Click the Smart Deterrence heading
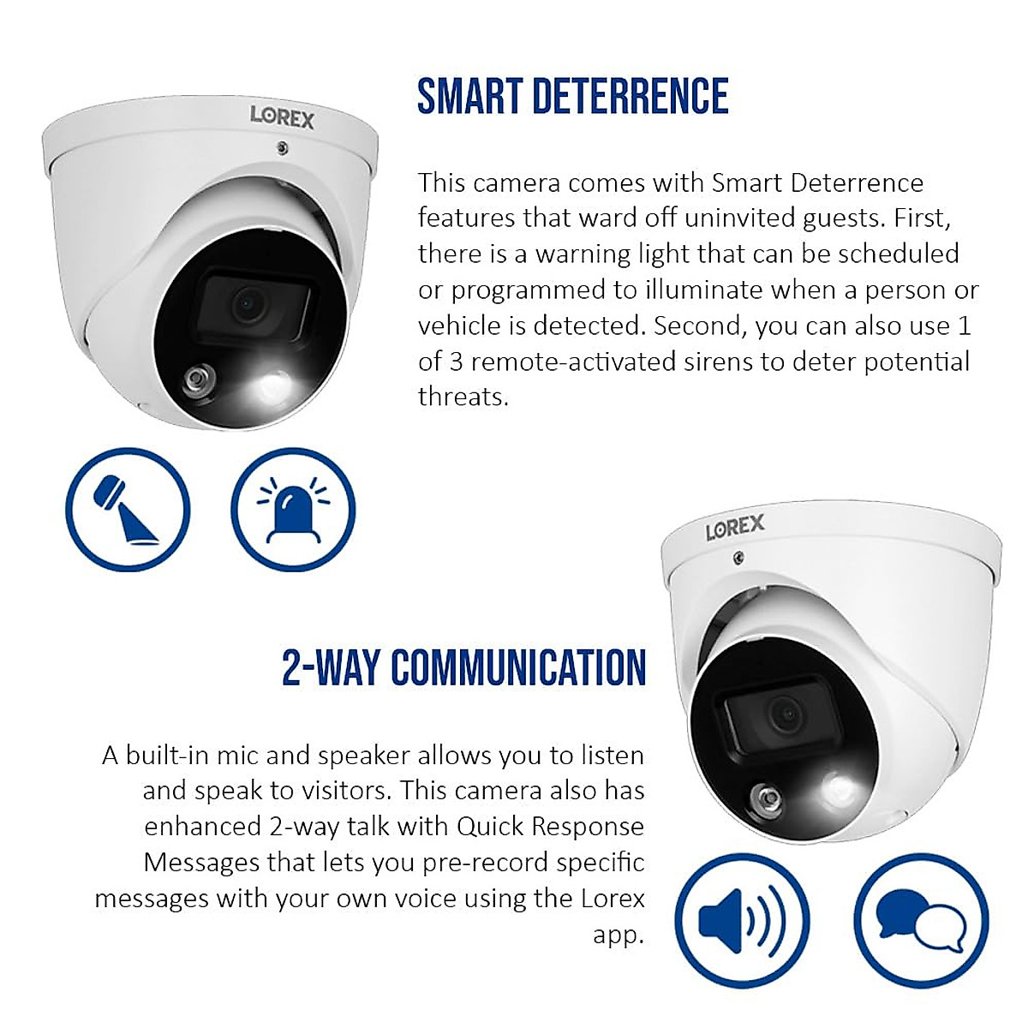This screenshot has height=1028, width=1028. coord(572,96)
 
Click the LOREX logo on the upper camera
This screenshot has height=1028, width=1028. coord(282,117)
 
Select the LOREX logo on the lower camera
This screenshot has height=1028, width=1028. coord(734,528)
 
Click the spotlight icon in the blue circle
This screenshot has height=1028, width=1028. coord(128,510)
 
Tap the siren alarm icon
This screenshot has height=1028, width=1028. coord(293,510)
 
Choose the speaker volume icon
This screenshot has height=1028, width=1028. coord(742,921)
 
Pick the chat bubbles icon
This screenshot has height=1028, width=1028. coord(921,921)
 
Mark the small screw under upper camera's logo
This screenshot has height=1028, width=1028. coord(282,149)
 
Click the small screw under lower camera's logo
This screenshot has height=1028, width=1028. coord(738,559)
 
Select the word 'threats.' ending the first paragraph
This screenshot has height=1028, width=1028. coord(463,397)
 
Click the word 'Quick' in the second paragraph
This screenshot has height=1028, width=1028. coord(490,827)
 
